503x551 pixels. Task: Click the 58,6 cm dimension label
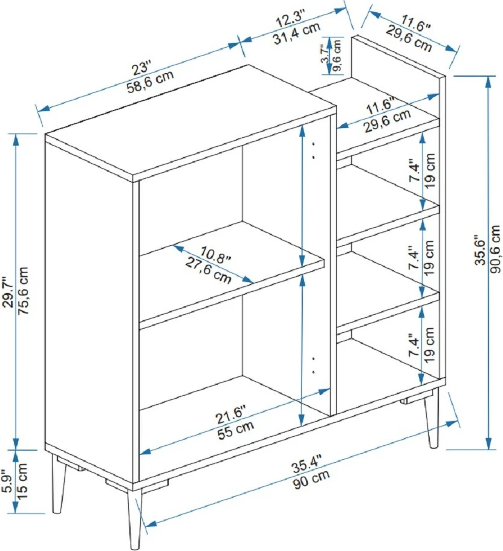(x=150, y=82)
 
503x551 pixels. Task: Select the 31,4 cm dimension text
(x=297, y=33)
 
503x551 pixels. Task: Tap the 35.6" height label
(x=480, y=250)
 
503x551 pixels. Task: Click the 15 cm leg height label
(x=22, y=481)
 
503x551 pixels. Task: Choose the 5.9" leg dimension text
(x=8, y=481)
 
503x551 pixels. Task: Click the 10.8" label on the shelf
(x=216, y=255)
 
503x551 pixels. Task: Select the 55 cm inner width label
(x=236, y=430)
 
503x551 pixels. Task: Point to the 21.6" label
(x=231, y=414)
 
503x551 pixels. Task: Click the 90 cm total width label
(x=311, y=479)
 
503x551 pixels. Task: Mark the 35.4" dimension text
(x=307, y=463)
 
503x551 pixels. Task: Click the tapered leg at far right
(x=431, y=418)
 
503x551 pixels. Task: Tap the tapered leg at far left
(x=58, y=483)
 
